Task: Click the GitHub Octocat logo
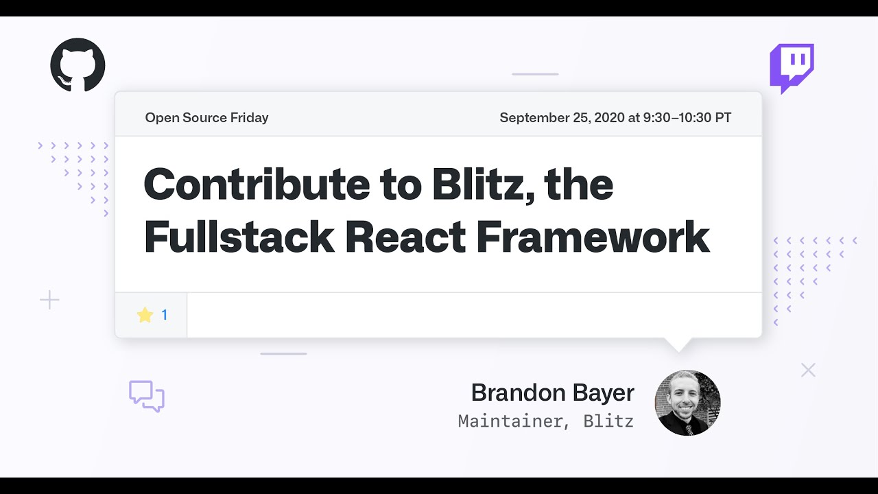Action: [x=78, y=65]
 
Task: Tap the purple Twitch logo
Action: [x=792, y=68]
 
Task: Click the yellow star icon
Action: [x=145, y=315]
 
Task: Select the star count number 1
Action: [x=165, y=315]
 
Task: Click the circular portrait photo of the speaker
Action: [x=687, y=403]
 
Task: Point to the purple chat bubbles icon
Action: [x=147, y=396]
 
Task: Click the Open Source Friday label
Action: [x=206, y=117]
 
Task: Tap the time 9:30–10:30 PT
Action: [x=687, y=117]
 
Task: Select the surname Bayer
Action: [x=604, y=393]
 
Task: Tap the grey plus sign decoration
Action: [x=49, y=300]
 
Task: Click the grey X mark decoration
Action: [x=808, y=370]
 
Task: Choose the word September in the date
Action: [x=534, y=117]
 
